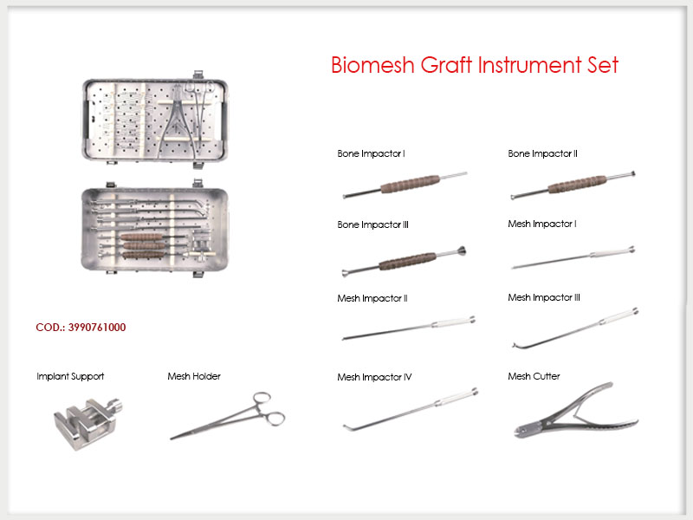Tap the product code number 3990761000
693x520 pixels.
click(x=97, y=328)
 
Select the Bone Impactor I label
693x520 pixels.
click(x=371, y=153)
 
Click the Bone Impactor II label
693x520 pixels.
click(x=542, y=153)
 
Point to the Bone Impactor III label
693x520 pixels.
click(x=372, y=224)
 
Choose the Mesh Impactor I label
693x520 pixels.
click(x=542, y=224)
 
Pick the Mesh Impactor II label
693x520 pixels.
click(x=372, y=298)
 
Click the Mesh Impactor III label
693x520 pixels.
click(x=544, y=297)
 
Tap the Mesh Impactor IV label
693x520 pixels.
click(x=374, y=377)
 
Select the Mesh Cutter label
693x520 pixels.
click(x=534, y=376)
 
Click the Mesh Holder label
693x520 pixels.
click(x=194, y=376)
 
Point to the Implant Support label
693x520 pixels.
click(x=70, y=376)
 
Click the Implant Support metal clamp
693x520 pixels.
click(x=87, y=423)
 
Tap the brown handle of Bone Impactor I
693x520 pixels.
click(x=411, y=184)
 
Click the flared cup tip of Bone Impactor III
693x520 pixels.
click(x=461, y=251)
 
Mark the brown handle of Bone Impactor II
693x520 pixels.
click(x=577, y=185)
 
